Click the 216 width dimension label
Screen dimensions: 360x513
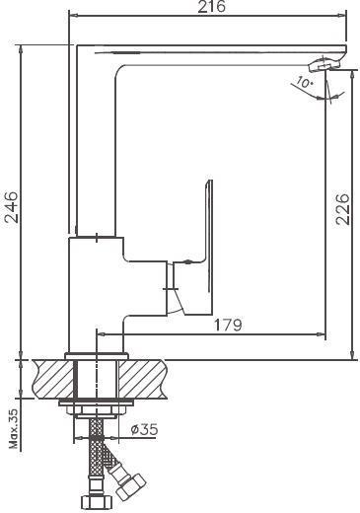click(212, 7)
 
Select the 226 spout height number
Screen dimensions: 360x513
click(342, 209)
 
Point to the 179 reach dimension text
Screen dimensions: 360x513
click(228, 325)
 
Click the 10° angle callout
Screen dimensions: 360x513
click(304, 82)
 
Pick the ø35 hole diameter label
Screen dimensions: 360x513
click(144, 429)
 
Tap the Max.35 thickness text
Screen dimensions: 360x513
click(14, 428)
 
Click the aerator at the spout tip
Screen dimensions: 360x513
click(324, 64)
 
